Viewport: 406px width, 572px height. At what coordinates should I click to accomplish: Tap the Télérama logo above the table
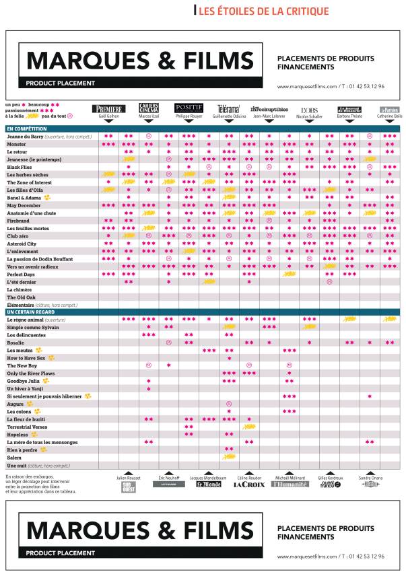point(229,108)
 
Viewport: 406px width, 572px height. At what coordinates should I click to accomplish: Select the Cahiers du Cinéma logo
point(149,108)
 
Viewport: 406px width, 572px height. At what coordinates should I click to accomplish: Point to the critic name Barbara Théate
point(349,116)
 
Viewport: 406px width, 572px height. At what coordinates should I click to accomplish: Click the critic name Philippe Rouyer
point(189,116)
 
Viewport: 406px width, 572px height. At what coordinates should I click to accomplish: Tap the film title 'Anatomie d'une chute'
point(32,213)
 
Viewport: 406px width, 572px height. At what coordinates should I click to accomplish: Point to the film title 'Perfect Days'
point(20,274)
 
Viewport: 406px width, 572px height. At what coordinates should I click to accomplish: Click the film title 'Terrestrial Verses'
point(27,427)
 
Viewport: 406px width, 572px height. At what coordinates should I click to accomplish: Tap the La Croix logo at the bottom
point(249,484)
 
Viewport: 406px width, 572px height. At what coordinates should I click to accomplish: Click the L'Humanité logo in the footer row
point(290,484)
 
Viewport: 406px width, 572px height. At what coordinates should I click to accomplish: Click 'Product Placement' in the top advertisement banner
point(61,83)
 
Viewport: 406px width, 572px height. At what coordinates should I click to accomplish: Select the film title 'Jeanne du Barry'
point(25,136)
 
